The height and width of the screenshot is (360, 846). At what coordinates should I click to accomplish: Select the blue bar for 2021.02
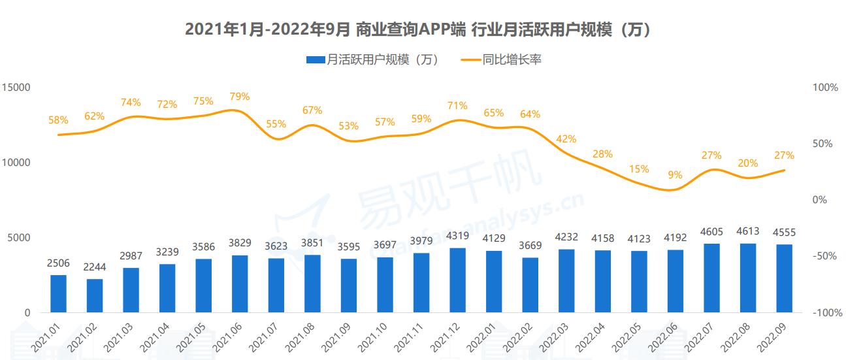[95, 295]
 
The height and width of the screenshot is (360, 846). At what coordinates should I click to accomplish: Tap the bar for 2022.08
[748, 278]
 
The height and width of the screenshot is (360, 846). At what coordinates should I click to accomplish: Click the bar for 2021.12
[458, 280]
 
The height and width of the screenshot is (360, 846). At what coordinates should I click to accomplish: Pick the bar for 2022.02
[530, 285]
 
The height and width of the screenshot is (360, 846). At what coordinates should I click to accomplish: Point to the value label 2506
[58, 263]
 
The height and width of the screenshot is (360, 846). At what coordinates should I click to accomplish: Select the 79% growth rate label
[240, 97]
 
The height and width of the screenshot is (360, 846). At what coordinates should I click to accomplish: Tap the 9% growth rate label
[675, 175]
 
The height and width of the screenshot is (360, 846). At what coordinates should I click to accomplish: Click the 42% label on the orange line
[566, 139]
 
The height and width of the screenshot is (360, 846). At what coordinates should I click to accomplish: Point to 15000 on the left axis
[18, 88]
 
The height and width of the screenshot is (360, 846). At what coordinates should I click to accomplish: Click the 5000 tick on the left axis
[20, 238]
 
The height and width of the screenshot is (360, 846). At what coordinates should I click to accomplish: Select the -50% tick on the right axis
[824, 257]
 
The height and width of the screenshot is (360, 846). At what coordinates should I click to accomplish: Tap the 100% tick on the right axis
[824, 88]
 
